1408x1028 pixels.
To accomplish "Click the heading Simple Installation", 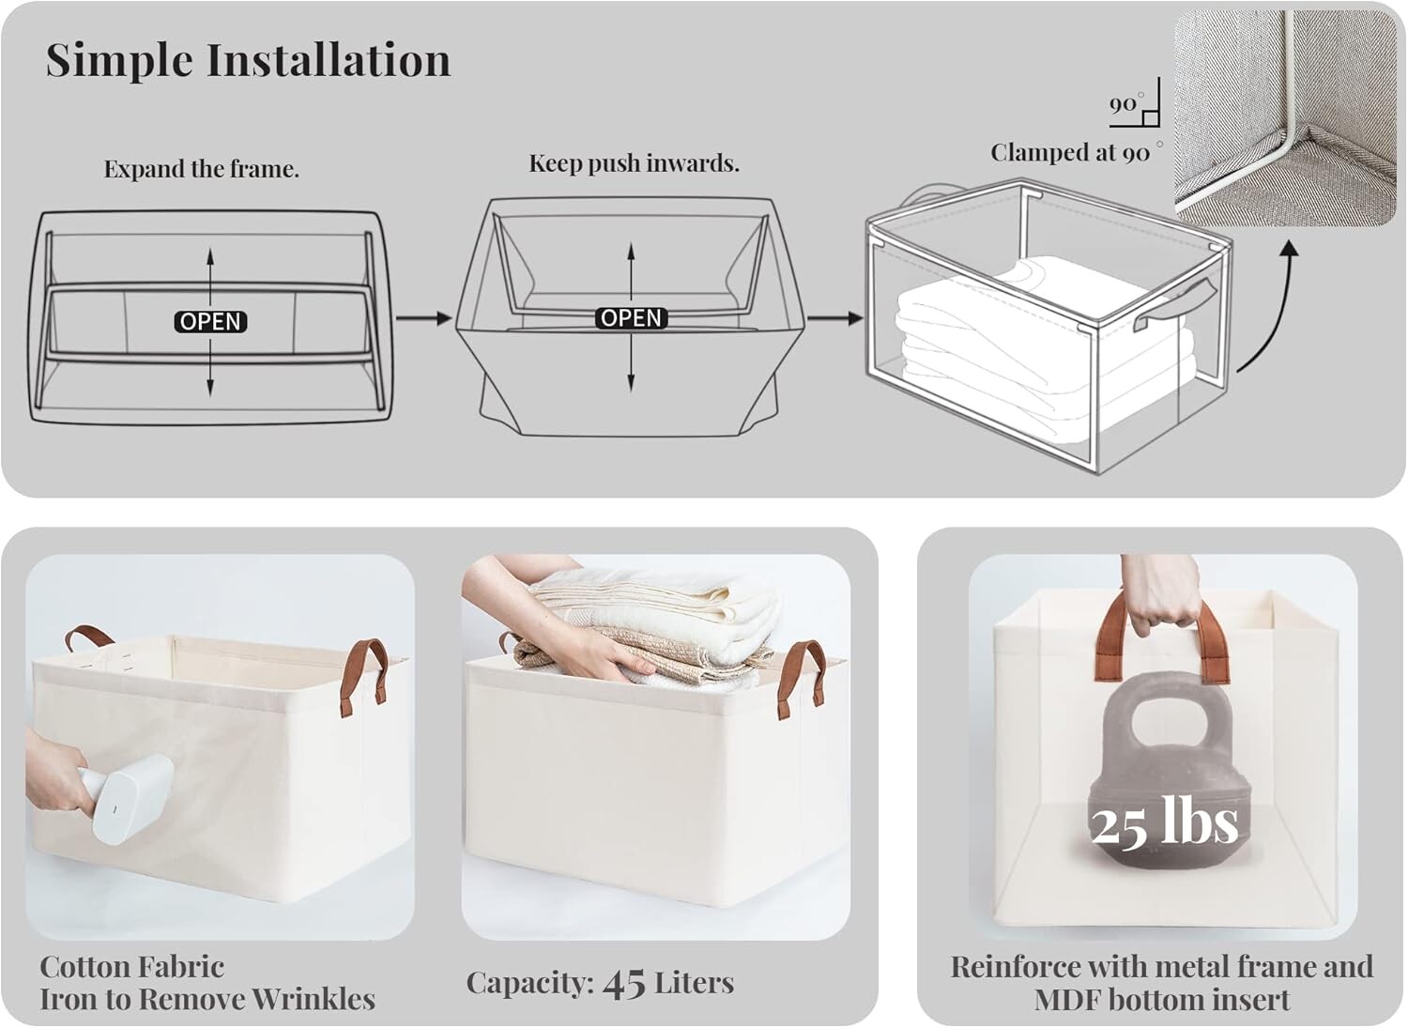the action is (x=249, y=60).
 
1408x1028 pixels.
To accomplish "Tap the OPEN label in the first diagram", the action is (x=210, y=321).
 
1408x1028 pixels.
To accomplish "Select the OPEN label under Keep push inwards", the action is (x=631, y=317).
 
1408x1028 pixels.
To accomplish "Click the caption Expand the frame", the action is (x=201, y=168).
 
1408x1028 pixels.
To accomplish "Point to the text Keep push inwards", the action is (x=634, y=162).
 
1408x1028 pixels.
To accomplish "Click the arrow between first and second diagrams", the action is (x=423, y=318).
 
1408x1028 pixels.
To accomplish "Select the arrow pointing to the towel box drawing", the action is (x=835, y=318).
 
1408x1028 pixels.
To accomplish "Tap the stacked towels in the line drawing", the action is (x=1044, y=327).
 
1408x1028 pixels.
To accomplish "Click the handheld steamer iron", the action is (x=126, y=799).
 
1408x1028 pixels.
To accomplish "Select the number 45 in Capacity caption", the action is (x=623, y=983).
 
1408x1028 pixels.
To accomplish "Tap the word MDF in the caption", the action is (x=1068, y=1000).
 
